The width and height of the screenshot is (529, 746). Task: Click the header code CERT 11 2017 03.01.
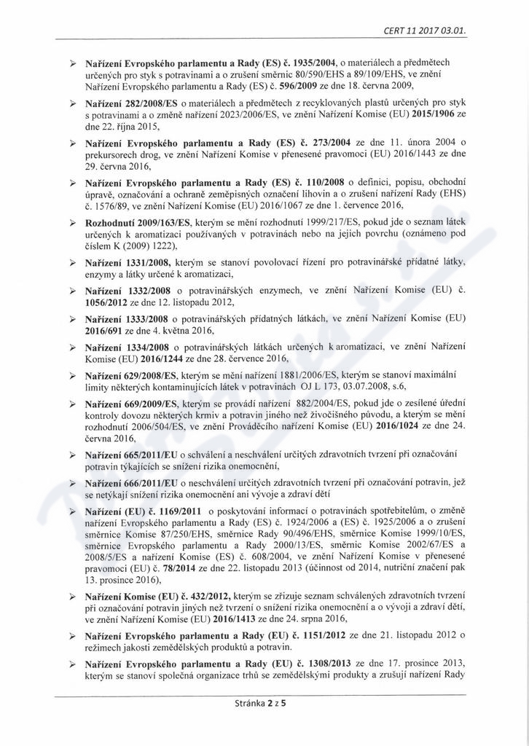(423, 30)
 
